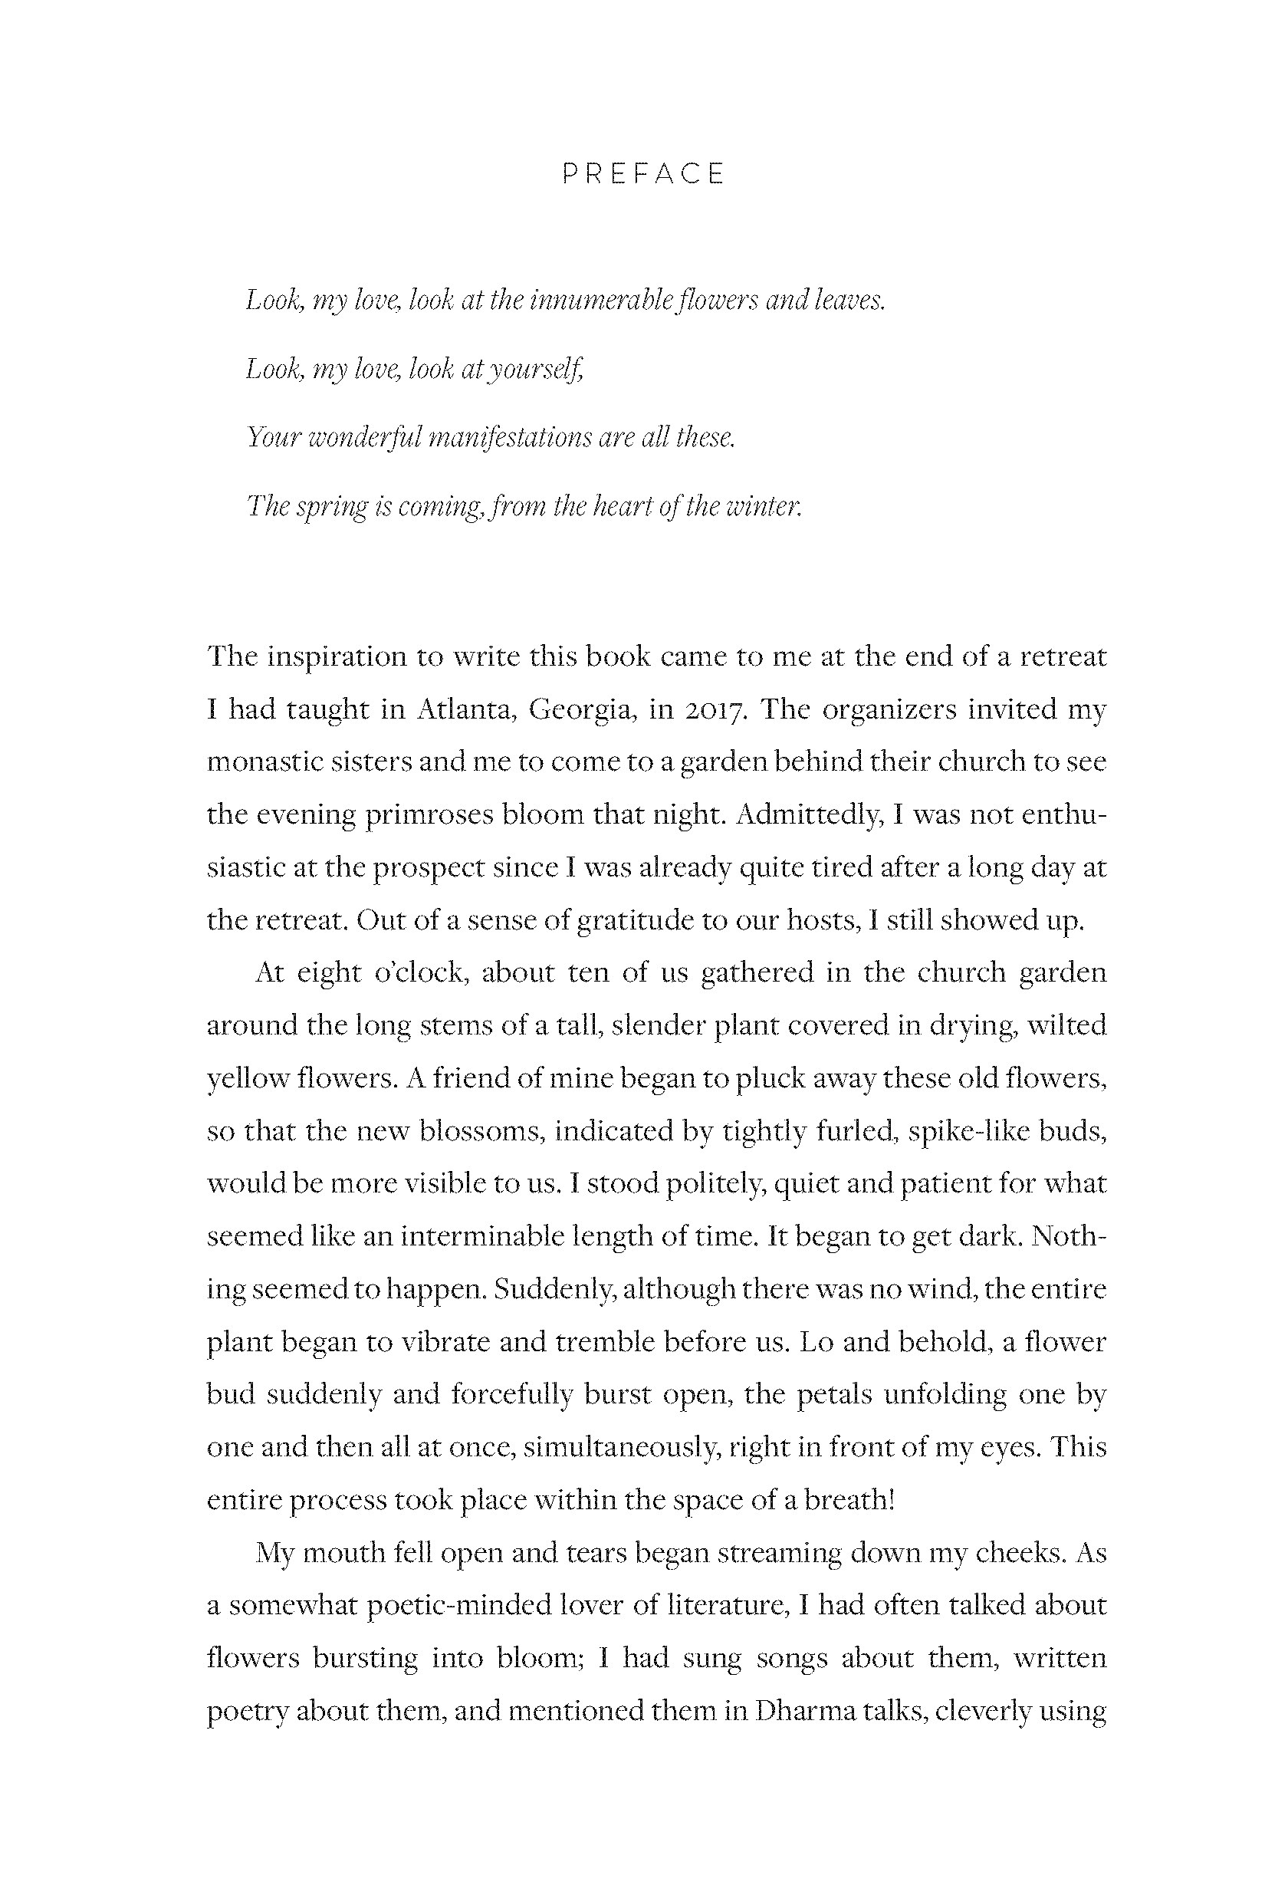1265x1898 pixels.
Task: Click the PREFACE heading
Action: [643, 174]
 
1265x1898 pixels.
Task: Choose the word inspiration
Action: [337, 656]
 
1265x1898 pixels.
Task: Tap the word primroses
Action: [429, 814]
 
